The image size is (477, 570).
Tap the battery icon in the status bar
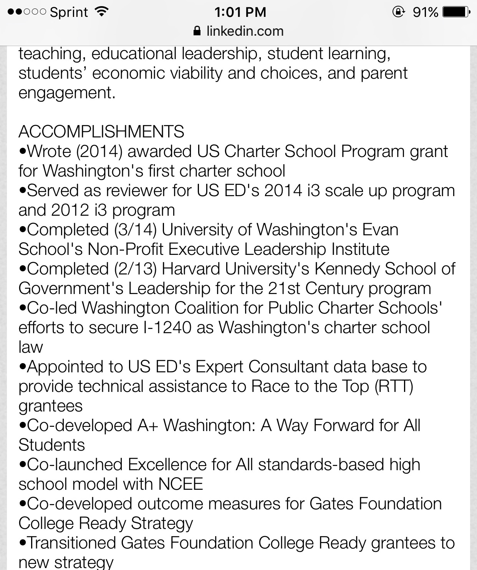coord(456,12)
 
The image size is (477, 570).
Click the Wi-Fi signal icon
coord(101,12)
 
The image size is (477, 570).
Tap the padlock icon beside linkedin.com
coord(197,31)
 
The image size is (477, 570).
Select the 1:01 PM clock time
coord(240,12)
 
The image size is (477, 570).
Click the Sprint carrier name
coord(69,12)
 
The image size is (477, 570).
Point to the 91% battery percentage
coord(426,12)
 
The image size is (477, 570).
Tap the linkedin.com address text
coord(245,31)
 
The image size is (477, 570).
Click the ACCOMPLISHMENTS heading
coord(101,132)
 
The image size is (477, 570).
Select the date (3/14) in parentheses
coord(135,230)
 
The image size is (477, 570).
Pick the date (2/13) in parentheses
coord(135,269)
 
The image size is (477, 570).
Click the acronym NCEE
coord(181,484)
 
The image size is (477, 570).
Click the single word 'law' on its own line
coord(31,347)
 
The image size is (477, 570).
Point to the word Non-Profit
coord(126,249)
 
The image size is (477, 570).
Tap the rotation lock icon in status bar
coord(398,12)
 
